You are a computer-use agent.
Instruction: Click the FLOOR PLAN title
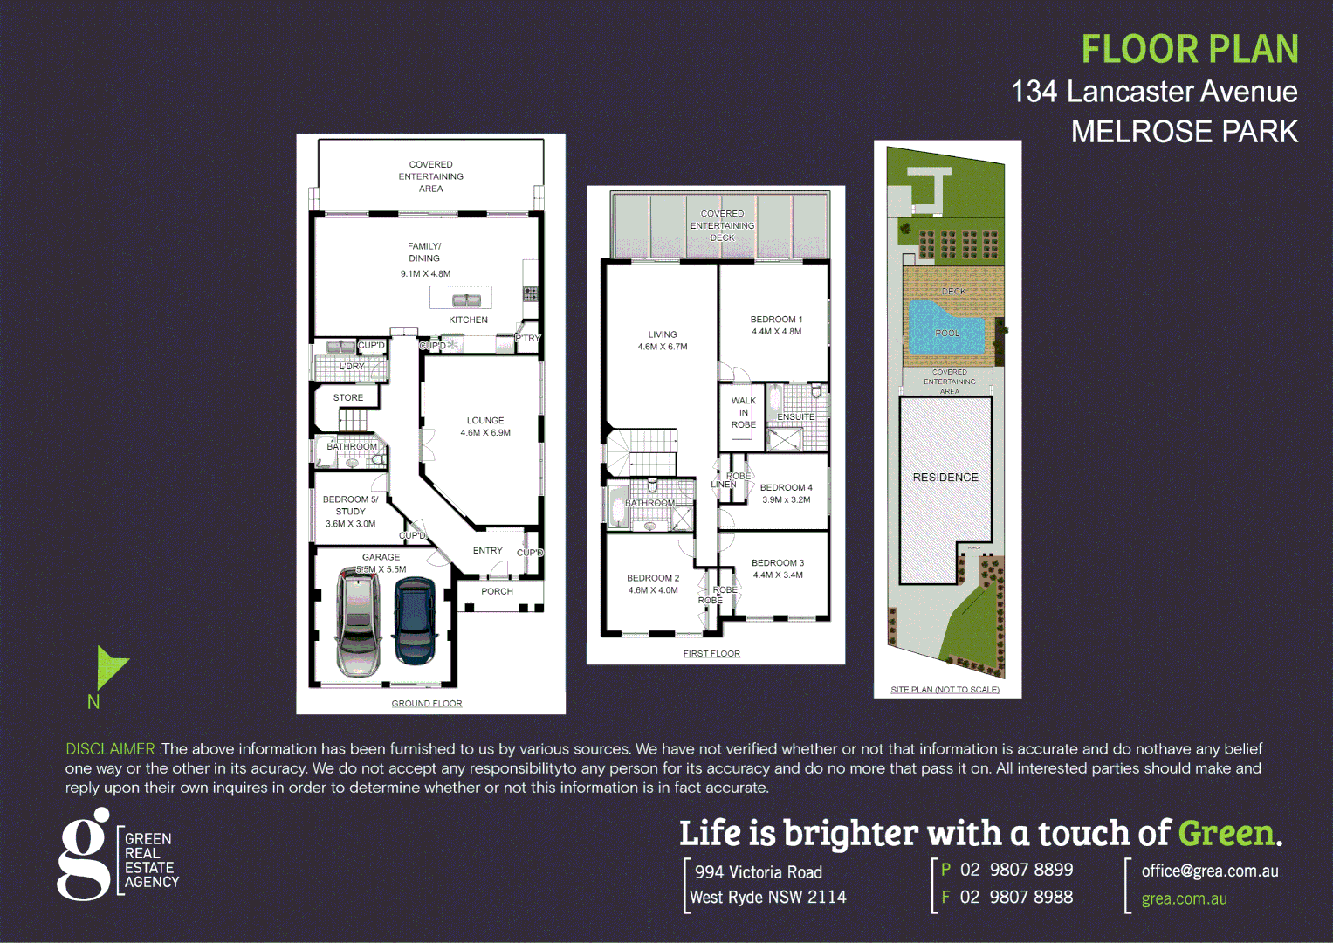[1189, 49]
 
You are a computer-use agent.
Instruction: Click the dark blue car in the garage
[416, 620]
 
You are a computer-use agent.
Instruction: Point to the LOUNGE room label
[485, 421]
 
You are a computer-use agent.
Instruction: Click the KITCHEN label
[468, 320]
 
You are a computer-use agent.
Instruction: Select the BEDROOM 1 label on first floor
[776, 320]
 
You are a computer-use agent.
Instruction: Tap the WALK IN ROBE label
[744, 413]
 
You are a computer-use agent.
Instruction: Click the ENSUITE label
[795, 417]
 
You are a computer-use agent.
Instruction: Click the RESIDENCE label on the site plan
[945, 478]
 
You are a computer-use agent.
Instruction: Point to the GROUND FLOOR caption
[427, 704]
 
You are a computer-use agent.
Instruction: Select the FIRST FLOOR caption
[711, 654]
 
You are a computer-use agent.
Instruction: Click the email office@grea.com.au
[1210, 871]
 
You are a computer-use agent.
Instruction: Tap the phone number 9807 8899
[1031, 871]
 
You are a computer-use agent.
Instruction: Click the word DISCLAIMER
[110, 749]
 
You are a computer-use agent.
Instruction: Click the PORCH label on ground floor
[497, 592]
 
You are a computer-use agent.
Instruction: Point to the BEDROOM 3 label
[777, 563]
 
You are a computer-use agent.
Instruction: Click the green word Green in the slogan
[1226, 834]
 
